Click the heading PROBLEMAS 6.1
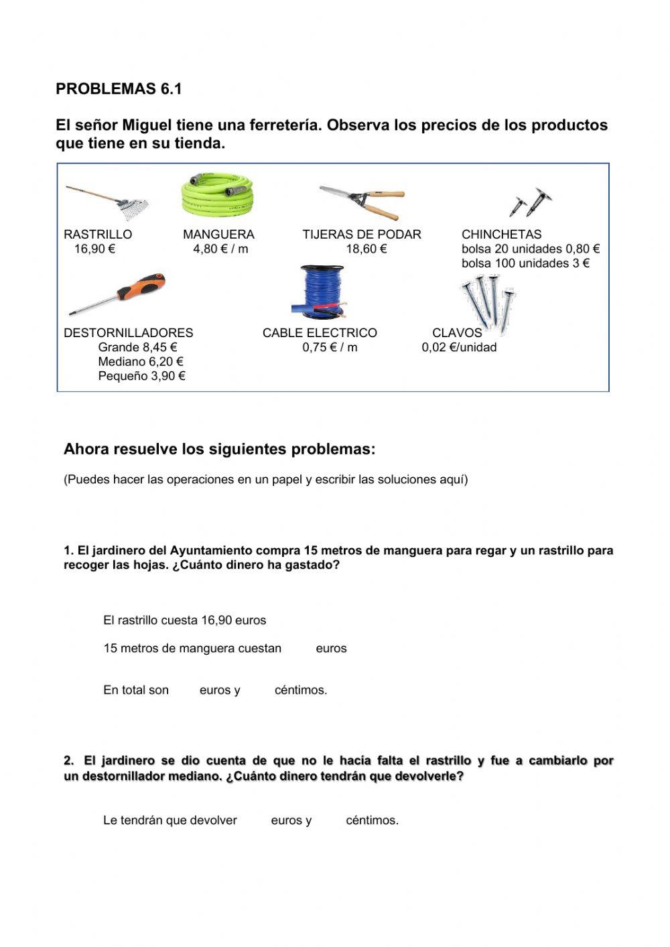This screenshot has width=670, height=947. (119, 89)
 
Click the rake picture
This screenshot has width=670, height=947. (107, 202)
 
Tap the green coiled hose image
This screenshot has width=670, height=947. (218, 194)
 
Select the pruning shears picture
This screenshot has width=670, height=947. (362, 201)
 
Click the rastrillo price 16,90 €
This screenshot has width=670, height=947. (94, 249)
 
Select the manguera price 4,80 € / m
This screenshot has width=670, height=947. (220, 249)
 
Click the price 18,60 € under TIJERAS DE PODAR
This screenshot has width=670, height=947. (366, 249)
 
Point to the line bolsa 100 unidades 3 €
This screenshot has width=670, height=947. (525, 263)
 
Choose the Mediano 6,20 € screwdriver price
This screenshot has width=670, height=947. (141, 362)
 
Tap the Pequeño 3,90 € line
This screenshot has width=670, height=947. (141, 376)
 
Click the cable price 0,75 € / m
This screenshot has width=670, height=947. (330, 347)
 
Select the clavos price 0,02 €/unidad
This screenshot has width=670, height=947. (459, 347)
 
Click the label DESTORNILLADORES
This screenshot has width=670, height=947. (128, 333)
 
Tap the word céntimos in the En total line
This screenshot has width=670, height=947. (301, 690)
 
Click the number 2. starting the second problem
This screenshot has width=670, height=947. (69, 761)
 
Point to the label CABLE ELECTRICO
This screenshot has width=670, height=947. (320, 333)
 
